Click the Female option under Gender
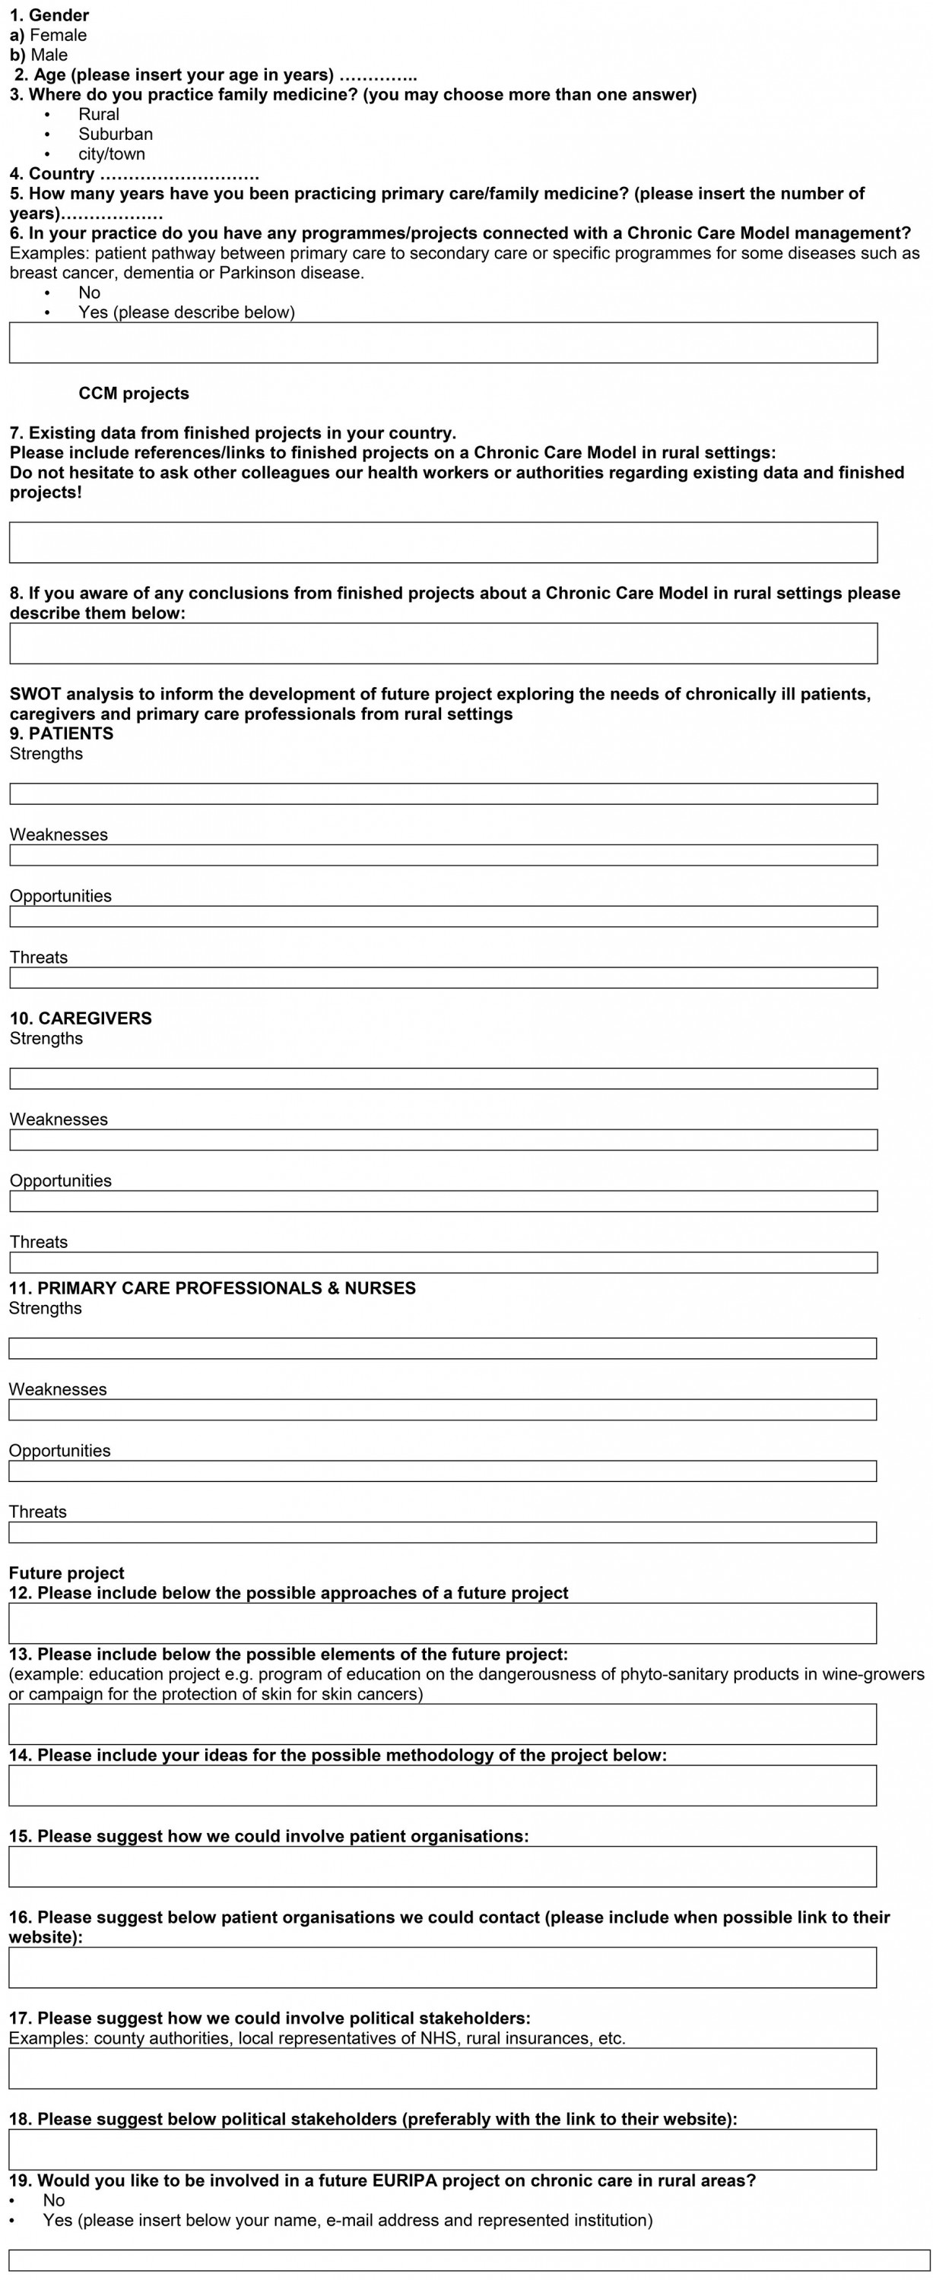pyautogui.click(x=58, y=36)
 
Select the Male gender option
pyautogui.click(x=49, y=55)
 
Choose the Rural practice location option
pyautogui.click(x=98, y=114)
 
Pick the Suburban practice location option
pyautogui.click(x=115, y=134)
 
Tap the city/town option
pyautogui.click(x=112, y=154)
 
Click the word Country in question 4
pyautogui.click(x=61, y=173)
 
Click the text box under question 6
pyautogui.click(x=443, y=343)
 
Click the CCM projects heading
pyautogui.click(x=134, y=394)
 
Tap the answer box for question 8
pyautogui.click(x=443, y=644)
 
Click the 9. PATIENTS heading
pyautogui.click(x=61, y=733)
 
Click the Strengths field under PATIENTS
pyautogui.click(x=443, y=794)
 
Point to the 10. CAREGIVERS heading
pyautogui.click(x=81, y=1018)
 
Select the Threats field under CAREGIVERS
pyautogui.click(x=443, y=1263)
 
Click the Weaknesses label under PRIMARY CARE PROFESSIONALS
pyautogui.click(x=58, y=1389)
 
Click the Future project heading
pyautogui.click(x=66, y=1572)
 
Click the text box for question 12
pyautogui.click(x=443, y=1623)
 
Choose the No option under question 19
pyautogui.click(x=53, y=2200)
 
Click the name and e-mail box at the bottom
pyautogui.click(x=469, y=2259)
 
